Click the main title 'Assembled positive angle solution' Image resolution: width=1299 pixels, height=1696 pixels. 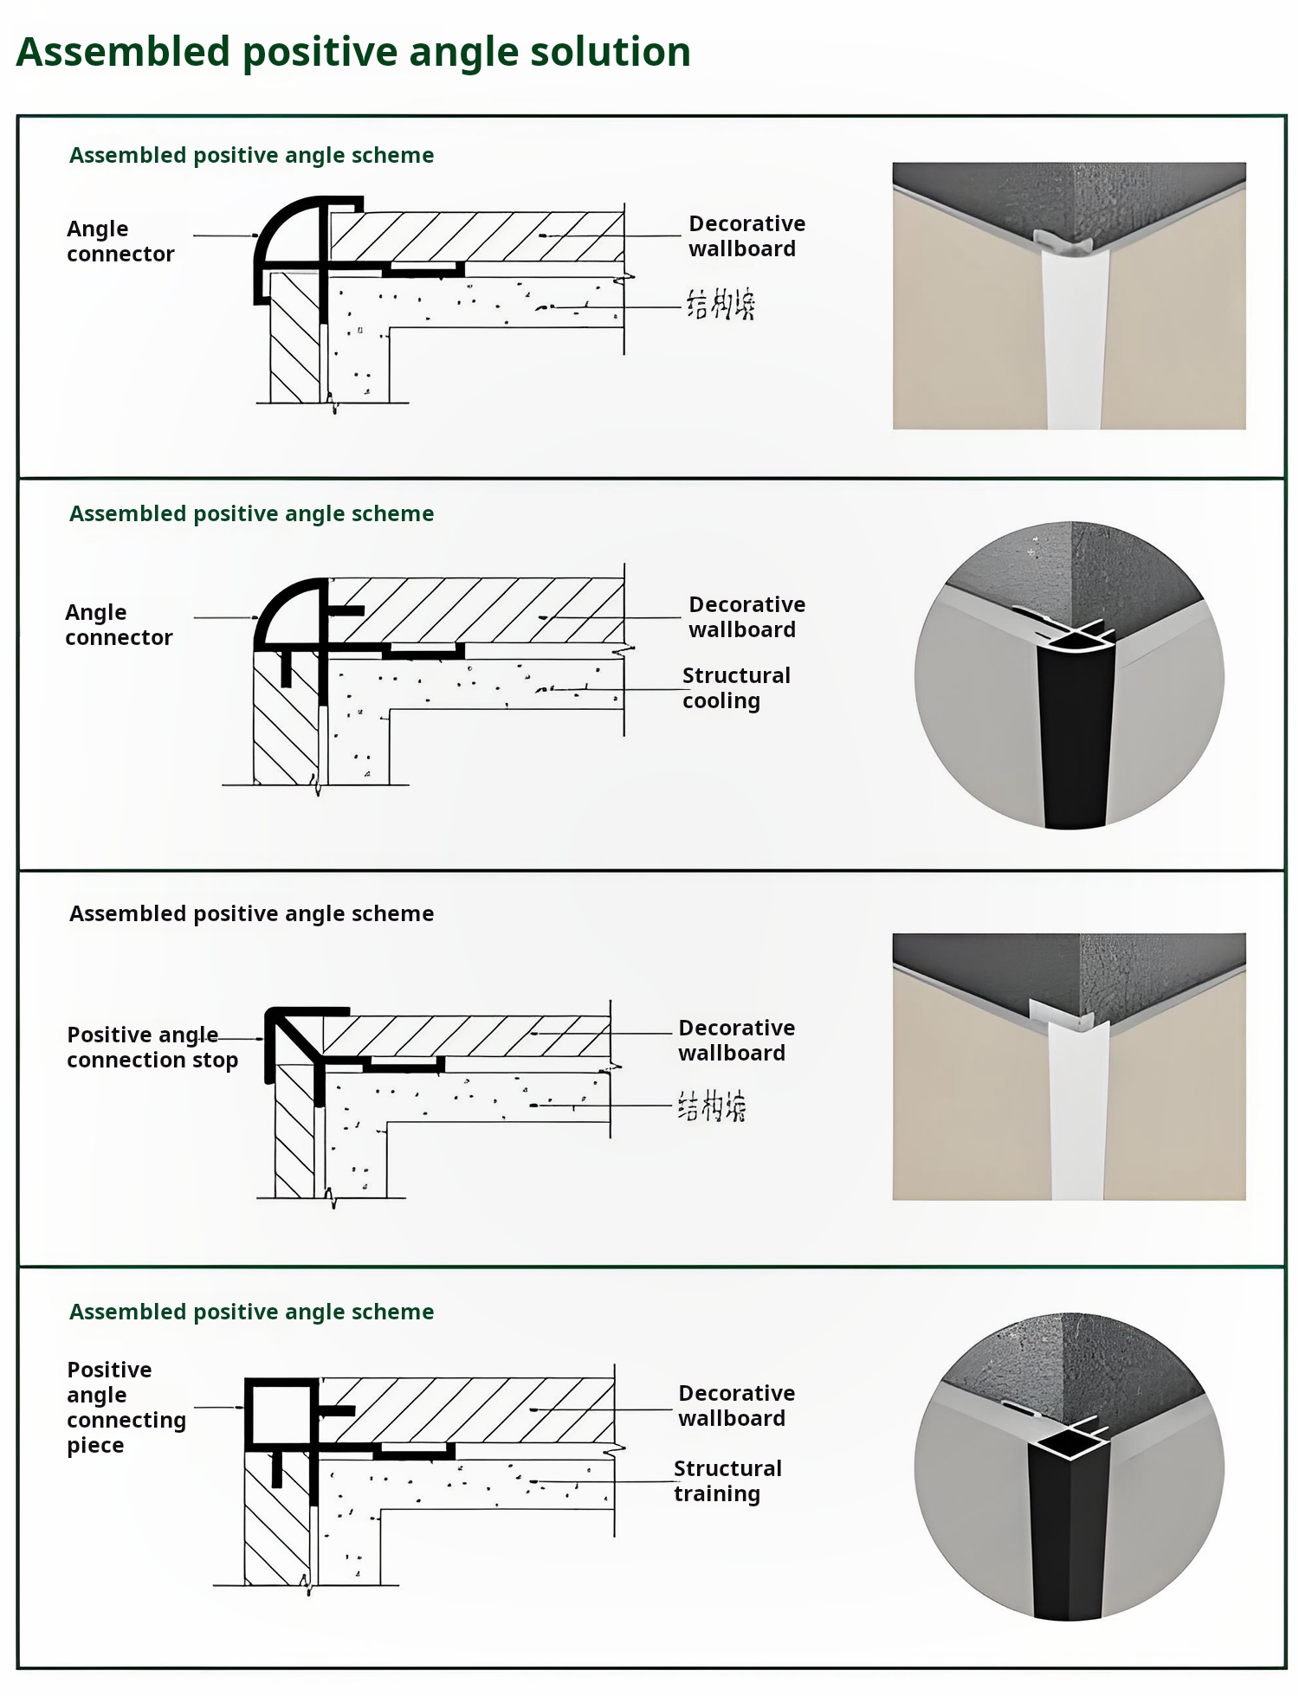[353, 52]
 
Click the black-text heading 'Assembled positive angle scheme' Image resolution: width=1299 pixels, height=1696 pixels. [251, 913]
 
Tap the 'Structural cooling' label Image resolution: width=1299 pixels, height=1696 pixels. [735, 688]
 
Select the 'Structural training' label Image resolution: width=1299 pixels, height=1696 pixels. [727, 1481]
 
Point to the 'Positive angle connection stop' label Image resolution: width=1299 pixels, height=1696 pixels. [152, 1048]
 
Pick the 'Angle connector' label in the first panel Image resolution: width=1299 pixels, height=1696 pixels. [120, 242]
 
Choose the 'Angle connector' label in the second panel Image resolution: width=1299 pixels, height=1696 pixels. [118, 625]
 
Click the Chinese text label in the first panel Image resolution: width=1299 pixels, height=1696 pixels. [721, 305]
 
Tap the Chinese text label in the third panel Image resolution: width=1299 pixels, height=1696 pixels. [711, 1106]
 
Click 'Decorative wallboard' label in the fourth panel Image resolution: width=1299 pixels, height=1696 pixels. [736, 1405]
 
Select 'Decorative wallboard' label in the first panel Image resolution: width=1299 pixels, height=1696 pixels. [746, 236]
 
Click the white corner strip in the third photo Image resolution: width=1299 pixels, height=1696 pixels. [1076, 1117]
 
